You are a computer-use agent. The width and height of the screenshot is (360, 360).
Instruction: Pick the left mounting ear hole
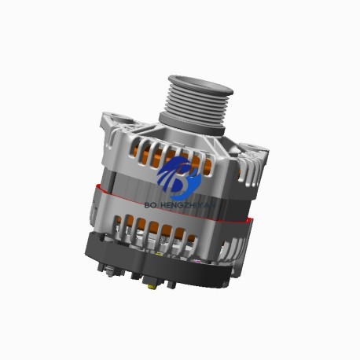pos(108,120)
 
